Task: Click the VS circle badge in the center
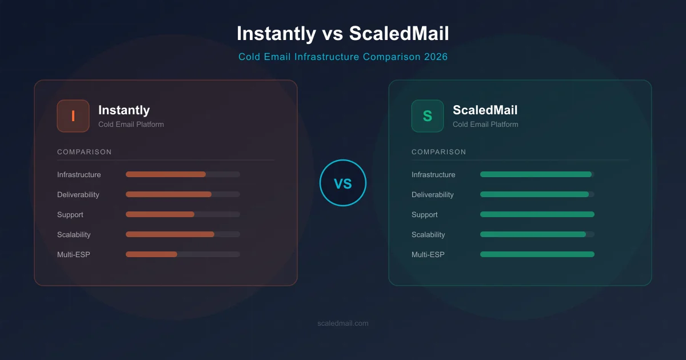point(342,183)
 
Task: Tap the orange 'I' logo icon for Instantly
point(73,116)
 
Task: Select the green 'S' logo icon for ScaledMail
point(428,116)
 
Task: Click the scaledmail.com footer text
point(342,323)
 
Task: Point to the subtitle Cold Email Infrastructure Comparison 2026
point(342,57)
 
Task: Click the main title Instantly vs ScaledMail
point(342,33)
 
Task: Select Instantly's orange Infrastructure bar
point(166,174)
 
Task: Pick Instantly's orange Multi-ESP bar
point(151,254)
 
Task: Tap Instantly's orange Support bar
point(160,214)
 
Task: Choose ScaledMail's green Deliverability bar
point(535,194)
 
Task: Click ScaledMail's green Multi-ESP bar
point(537,254)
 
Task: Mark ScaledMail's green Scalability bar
point(533,234)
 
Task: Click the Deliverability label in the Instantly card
point(78,195)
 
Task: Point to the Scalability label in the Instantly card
point(74,235)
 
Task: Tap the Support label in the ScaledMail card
point(425,215)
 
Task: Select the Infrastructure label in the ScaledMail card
point(433,175)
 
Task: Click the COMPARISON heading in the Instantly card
point(85,152)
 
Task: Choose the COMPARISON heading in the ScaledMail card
point(439,152)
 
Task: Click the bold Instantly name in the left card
point(124,110)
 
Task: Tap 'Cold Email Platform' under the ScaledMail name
point(485,125)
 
